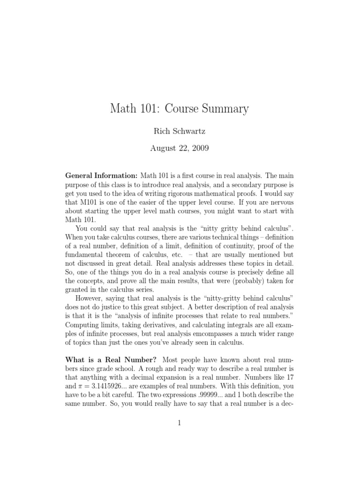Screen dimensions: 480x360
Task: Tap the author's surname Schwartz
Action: coord(191,132)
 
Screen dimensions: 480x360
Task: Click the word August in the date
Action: coord(162,149)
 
